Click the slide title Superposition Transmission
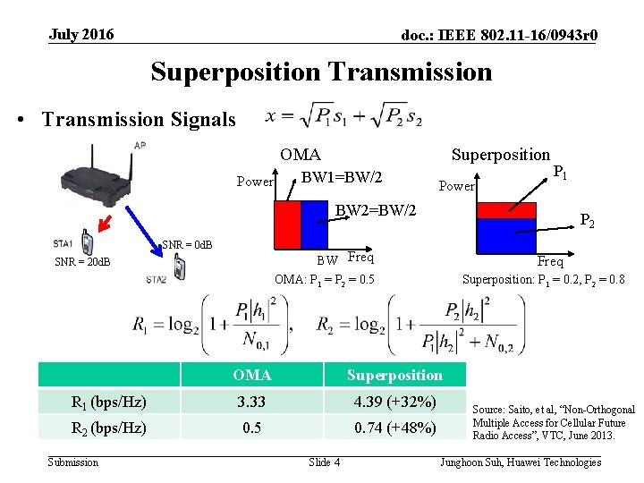pos(321,71)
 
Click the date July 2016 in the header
pos(81,35)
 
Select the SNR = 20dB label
pos(82,262)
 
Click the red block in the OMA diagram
pos(286,225)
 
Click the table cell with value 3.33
pos(252,401)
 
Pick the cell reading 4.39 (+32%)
pos(394,401)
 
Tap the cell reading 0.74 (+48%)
pos(394,428)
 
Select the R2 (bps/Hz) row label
pos(110,428)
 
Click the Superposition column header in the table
pos(394,375)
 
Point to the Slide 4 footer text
pos(324,462)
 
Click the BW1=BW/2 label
pos(342,178)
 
